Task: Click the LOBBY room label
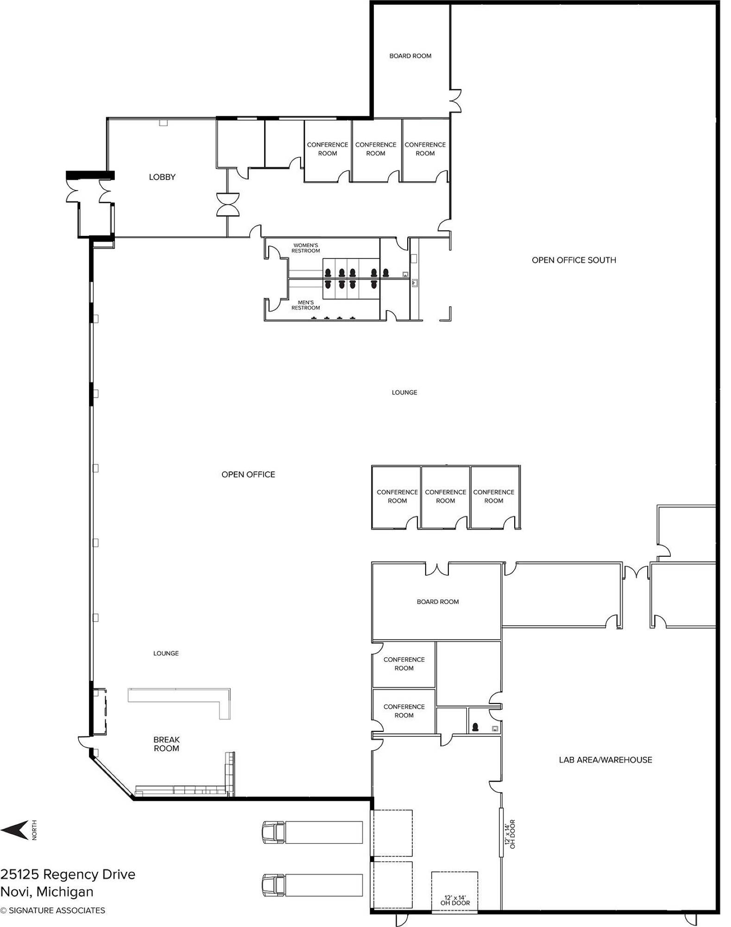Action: (162, 177)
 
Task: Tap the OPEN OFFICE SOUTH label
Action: (574, 260)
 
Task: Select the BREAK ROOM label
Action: (166, 744)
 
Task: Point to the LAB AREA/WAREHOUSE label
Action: (605, 760)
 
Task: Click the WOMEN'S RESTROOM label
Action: (306, 248)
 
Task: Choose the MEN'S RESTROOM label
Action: (306, 305)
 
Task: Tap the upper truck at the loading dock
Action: (312, 832)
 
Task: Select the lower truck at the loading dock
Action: (312, 885)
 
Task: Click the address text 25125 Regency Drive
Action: (68, 874)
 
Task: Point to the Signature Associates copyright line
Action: (52, 910)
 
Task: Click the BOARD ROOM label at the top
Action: (410, 56)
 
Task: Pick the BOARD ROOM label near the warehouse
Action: (438, 602)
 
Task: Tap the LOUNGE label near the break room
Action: (166, 653)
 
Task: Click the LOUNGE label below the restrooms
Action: (404, 392)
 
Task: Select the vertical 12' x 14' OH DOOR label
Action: (510, 834)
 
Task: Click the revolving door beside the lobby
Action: (228, 204)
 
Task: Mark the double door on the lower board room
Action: (437, 569)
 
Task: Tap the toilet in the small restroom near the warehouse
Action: (475, 727)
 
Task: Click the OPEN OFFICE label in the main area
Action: (248, 474)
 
